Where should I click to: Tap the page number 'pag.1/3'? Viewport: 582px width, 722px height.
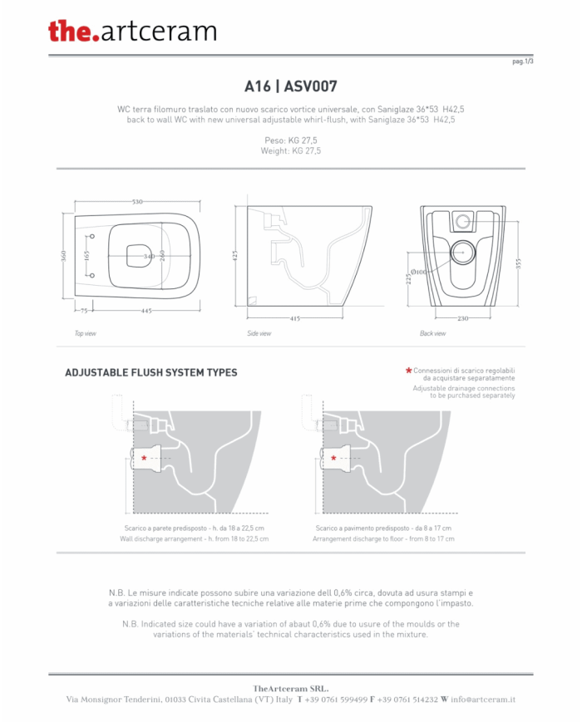(523, 61)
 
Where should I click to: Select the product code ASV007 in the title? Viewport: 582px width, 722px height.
(311, 86)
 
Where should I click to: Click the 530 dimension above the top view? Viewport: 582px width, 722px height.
(137, 202)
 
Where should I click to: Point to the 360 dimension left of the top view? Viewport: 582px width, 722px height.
(63, 256)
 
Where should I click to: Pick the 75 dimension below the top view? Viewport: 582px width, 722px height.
(84, 311)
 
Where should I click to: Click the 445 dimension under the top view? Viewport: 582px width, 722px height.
(146, 311)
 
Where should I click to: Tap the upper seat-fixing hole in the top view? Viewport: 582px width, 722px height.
(92, 236)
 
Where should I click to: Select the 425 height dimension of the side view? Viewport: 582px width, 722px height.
(235, 256)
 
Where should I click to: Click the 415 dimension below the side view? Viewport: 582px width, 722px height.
(295, 318)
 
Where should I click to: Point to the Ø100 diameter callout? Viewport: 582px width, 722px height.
(419, 273)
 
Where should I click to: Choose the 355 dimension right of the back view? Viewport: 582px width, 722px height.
(519, 264)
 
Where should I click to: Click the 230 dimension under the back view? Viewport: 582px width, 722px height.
(462, 318)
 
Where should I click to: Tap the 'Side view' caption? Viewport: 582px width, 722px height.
(259, 333)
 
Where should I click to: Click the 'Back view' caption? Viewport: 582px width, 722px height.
(432, 333)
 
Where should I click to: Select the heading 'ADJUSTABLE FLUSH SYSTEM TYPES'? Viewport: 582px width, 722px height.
(151, 372)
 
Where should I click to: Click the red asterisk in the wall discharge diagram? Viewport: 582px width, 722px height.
(144, 458)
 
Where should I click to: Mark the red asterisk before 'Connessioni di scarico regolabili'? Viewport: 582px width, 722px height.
(408, 371)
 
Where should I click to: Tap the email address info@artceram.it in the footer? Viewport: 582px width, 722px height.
(483, 700)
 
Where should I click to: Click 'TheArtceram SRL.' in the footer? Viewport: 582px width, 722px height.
(291, 689)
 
